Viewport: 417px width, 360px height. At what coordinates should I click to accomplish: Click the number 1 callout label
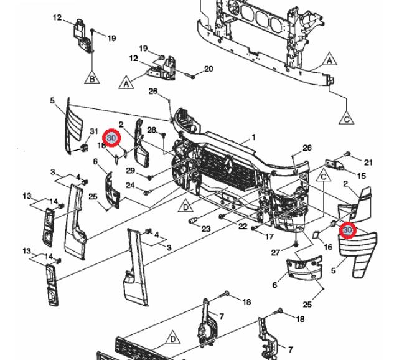pyautogui.click(x=254, y=138)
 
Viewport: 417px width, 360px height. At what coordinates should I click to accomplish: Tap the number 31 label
pyautogui.click(x=94, y=131)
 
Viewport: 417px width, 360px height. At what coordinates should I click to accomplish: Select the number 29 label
pyautogui.click(x=130, y=170)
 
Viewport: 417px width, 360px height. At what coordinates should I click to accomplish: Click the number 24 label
pyautogui.click(x=130, y=186)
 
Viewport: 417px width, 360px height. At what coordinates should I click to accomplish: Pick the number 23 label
pyautogui.click(x=206, y=229)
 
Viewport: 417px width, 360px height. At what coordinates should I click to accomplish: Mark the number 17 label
pyautogui.click(x=269, y=237)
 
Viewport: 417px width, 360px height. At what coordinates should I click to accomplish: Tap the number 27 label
pyautogui.click(x=275, y=252)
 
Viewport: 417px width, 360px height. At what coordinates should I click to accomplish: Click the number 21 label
pyautogui.click(x=368, y=163)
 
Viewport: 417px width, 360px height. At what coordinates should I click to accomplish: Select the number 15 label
pyautogui.click(x=362, y=177)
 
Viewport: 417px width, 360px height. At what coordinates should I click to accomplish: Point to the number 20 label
pyautogui.click(x=208, y=69)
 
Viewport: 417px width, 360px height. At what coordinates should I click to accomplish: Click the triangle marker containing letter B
pyautogui.click(x=91, y=78)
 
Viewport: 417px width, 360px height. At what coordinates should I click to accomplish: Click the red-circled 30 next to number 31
pyautogui.click(x=111, y=138)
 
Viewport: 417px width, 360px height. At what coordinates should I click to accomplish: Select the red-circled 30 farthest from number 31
pyautogui.click(x=347, y=231)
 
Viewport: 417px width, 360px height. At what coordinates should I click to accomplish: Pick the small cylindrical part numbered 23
pyautogui.click(x=192, y=222)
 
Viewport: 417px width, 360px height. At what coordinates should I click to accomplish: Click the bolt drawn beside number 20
pyautogui.click(x=189, y=76)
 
